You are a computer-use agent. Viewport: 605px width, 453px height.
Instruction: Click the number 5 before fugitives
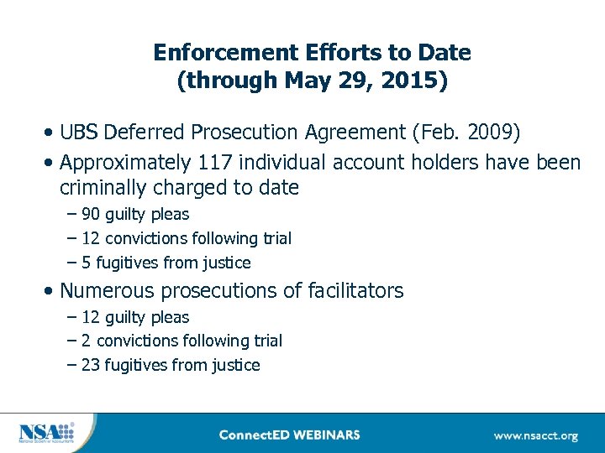tap(87, 263)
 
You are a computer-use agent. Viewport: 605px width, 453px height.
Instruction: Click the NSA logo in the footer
tap(46, 433)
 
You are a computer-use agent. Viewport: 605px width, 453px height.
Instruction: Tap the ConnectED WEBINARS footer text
tap(289, 435)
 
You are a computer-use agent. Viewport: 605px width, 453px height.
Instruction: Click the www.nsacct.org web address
tap(535, 435)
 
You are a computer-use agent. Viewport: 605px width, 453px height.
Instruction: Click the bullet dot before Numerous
tap(52, 292)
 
